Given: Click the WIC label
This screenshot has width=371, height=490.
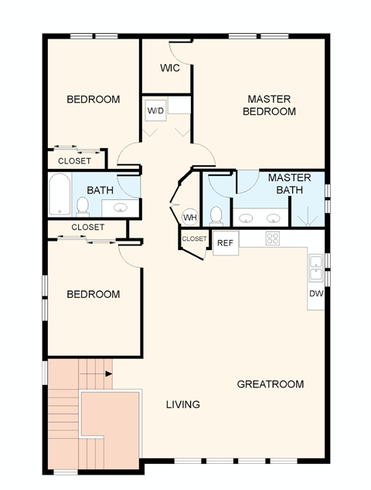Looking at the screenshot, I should pyautogui.click(x=170, y=68).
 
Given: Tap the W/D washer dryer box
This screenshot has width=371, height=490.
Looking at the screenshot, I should pyautogui.click(x=156, y=111).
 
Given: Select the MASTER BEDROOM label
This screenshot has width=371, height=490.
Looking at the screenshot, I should pyautogui.click(x=269, y=105).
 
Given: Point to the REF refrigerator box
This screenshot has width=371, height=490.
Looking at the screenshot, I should pyautogui.click(x=225, y=242).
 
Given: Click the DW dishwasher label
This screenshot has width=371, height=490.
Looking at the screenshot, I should pyautogui.click(x=316, y=293).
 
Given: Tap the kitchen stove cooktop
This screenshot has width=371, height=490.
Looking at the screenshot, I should pyautogui.click(x=272, y=238).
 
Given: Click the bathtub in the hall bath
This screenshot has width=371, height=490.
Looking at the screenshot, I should pyautogui.click(x=59, y=194).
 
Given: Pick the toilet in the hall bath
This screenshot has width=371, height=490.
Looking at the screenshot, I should pyautogui.click(x=82, y=206).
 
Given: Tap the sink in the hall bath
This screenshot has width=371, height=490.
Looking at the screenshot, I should pyautogui.click(x=121, y=208).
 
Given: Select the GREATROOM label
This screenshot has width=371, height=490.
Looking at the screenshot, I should pyautogui.click(x=270, y=384).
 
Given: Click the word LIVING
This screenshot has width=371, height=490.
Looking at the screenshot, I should pyautogui.click(x=184, y=404).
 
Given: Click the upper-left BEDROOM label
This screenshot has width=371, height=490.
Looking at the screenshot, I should pyautogui.click(x=93, y=99).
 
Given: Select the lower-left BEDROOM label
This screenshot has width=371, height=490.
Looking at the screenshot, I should pyautogui.click(x=93, y=294).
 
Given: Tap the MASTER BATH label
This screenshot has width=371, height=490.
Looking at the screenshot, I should pyautogui.click(x=289, y=184).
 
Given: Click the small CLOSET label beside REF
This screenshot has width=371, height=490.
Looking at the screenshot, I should pyautogui.click(x=194, y=239).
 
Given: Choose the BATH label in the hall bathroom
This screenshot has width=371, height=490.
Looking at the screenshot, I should pyautogui.click(x=100, y=190).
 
